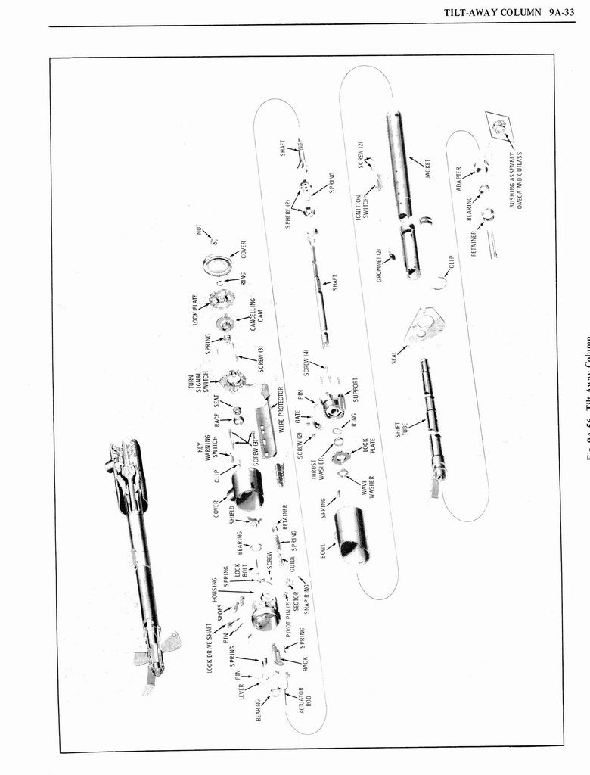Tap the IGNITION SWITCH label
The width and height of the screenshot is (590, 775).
(x=362, y=205)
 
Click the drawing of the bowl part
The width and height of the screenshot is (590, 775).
(x=352, y=534)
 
